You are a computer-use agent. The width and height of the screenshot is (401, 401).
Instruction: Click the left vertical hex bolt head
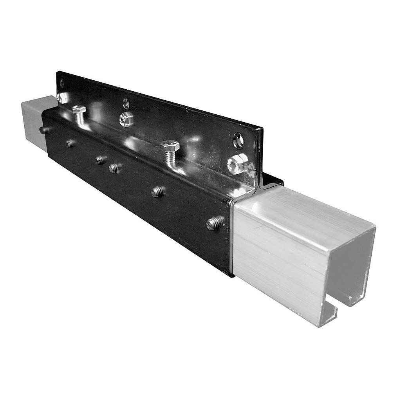click(79, 109)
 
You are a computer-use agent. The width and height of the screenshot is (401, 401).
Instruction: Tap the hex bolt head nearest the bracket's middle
click(170, 146)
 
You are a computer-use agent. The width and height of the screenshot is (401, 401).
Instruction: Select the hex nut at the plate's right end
click(237, 163)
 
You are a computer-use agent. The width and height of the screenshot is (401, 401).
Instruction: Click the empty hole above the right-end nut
click(238, 141)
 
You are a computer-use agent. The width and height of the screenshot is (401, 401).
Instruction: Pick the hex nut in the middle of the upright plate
click(126, 119)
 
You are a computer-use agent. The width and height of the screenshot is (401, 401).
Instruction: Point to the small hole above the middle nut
click(126, 103)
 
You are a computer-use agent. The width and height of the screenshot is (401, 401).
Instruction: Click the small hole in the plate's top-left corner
click(62, 83)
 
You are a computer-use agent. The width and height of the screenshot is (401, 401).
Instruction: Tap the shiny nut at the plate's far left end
click(62, 98)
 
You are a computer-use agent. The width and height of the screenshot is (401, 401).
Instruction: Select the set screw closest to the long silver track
click(215, 223)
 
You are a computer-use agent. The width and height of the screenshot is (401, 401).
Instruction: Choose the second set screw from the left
click(70, 144)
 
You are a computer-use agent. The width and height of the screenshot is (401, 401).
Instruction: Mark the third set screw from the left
click(100, 160)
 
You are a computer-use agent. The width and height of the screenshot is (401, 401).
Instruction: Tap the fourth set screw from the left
click(114, 168)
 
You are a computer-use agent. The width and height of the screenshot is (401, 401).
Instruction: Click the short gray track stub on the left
click(34, 117)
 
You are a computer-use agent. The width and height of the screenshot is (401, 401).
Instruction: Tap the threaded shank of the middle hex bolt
click(170, 157)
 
